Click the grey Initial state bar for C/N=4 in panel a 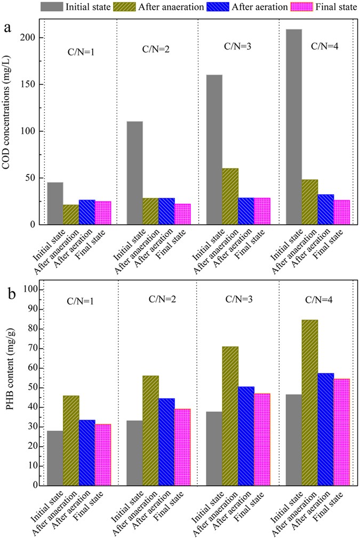point(293,127)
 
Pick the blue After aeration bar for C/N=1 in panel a point(87,212)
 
